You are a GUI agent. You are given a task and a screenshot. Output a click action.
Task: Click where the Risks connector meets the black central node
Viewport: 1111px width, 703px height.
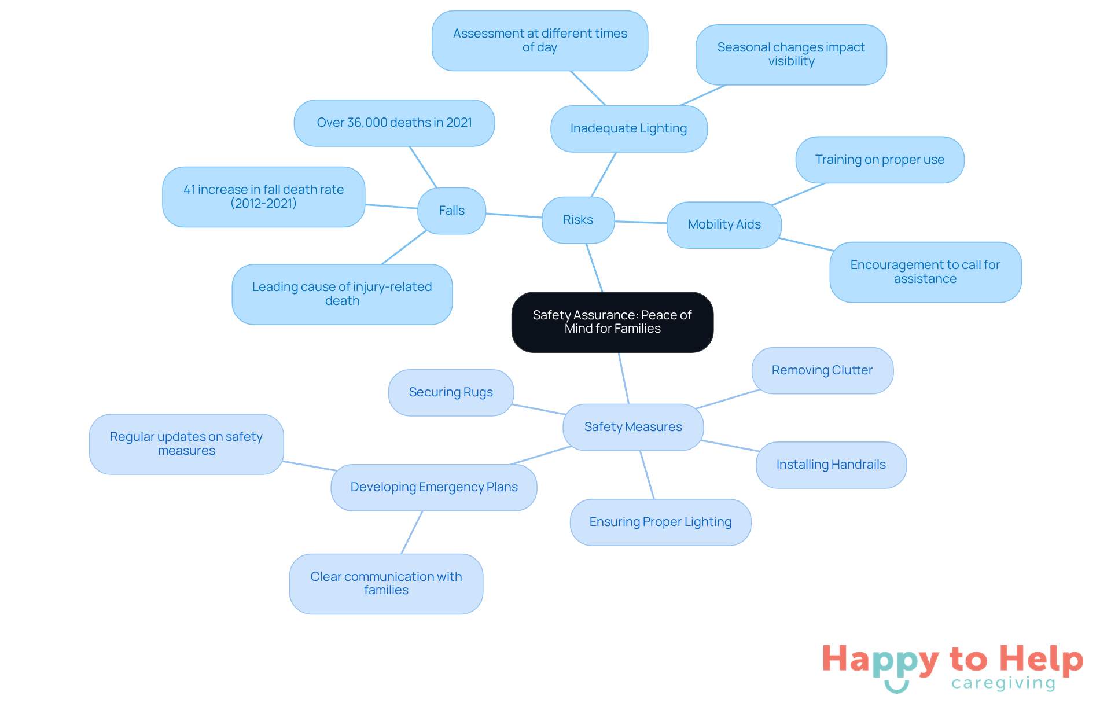pyautogui.click(x=602, y=292)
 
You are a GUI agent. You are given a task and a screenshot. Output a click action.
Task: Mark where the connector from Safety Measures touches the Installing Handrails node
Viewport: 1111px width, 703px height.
pyautogui.click(x=760, y=451)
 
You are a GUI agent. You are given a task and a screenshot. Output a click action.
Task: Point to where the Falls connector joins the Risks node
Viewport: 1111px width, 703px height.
pyautogui.click(x=542, y=218)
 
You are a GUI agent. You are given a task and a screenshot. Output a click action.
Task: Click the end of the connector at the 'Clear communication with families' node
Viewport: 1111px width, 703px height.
pyautogui.click(x=402, y=554)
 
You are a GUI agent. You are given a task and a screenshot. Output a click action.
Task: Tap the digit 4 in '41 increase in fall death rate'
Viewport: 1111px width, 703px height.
pyautogui.click(x=187, y=190)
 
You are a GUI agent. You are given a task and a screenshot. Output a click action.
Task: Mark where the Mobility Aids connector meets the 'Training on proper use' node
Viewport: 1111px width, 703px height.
pyautogui.click(x=825, y=183)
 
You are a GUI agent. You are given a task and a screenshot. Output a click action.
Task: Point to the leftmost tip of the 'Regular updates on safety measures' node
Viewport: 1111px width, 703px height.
pyautogui.click(x=90, y=444)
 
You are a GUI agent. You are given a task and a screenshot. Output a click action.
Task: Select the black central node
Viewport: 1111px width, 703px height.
pyautogui.click(x=612, y=322)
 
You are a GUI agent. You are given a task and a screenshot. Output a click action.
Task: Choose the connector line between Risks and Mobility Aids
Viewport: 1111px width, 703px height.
pyautogui.click(x=641, y=222)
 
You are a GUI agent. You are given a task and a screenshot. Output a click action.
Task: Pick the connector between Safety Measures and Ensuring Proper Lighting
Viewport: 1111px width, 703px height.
pyautogui.click(x=647, y=474)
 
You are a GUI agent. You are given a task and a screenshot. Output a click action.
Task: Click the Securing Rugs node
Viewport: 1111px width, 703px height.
pyautogui.click(x=451, y=392)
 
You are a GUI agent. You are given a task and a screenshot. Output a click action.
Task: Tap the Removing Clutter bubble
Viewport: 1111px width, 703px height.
pyautogui.click(x=822, y=370)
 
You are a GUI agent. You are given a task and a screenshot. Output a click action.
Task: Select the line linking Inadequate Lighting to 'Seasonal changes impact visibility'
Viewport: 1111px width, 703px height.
pyautogui.click(x=702, y=95)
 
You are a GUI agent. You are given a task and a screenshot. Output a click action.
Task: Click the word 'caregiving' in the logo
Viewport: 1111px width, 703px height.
pyautogui.click(x=1003, y=683)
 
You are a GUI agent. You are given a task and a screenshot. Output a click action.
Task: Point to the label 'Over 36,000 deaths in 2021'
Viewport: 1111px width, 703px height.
pyautogui.click(x=394, y=123)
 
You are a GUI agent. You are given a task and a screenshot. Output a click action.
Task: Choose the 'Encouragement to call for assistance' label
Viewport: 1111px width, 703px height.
pyautogui.click(x=925, y=272)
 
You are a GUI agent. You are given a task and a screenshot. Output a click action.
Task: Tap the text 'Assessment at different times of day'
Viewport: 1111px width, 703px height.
pyautogui.click(x=540, y=41)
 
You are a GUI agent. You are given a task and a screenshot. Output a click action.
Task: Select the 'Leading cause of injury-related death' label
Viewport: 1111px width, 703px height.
pyautogui.click(x=342, y=294)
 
